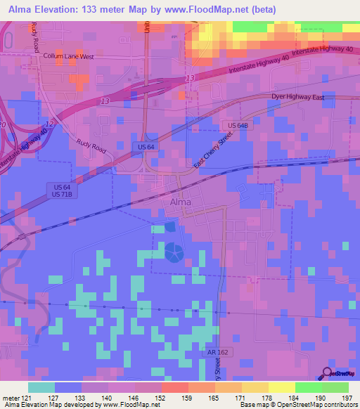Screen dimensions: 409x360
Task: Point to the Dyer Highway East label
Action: tap(298, 98)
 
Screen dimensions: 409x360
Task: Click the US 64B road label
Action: tap(238, 125)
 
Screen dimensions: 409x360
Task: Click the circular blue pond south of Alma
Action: tap(174, 251)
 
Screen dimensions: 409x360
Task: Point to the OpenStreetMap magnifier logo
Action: tap(328, 373)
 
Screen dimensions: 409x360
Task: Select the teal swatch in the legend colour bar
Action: tap(41, 387)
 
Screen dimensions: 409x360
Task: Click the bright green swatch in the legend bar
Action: tap(335, 387)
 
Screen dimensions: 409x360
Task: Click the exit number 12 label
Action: tap(48, 124)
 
